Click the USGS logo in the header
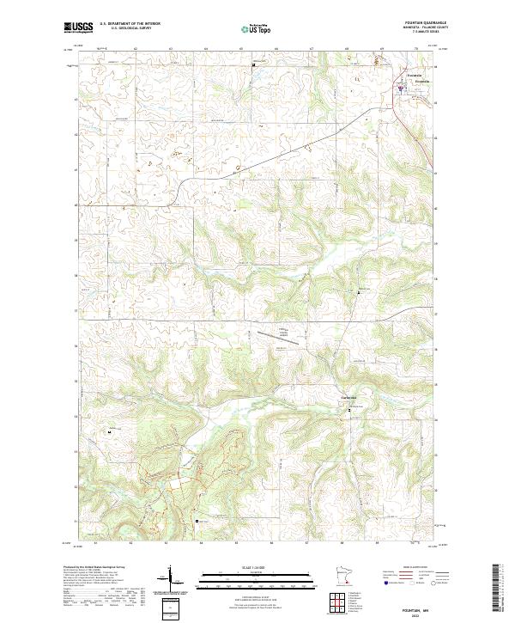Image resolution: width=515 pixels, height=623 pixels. pyautogui.click(x=77, y=27)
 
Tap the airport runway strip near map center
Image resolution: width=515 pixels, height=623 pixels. pyautogui.click(x=275, y=337)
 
